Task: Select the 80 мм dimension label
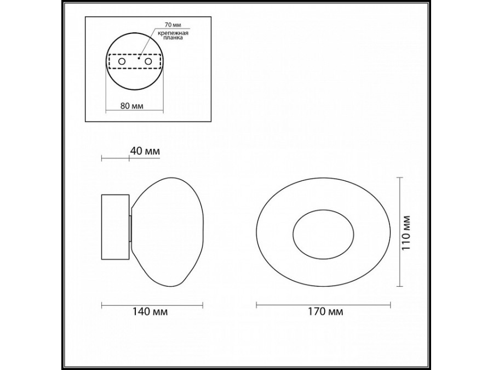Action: coord(132,106)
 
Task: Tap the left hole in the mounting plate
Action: coord(122,62)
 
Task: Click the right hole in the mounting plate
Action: coord(148,62)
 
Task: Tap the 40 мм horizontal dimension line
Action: coord(116,159)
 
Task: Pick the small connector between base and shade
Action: coord(130,229)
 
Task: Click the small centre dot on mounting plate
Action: coord(139,56)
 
